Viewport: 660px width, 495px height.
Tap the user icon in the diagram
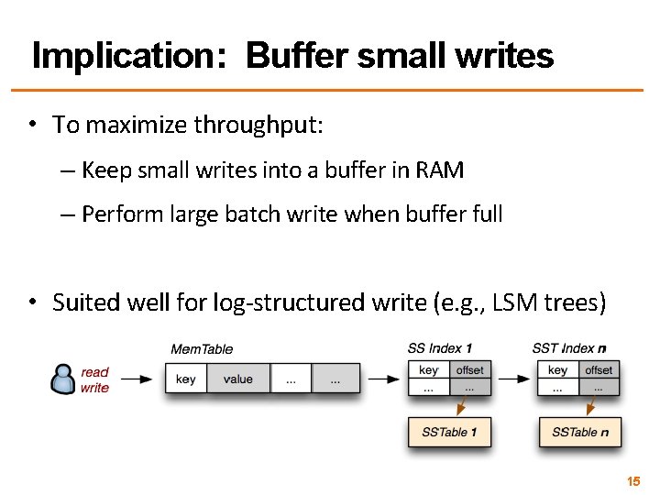[x=63, y=379]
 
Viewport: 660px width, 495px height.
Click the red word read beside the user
[x=94, y=372]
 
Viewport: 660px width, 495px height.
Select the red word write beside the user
[x=94, y=388]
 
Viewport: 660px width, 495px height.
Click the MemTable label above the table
[x=202, y=349]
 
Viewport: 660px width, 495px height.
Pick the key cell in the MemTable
[x=185, y=379]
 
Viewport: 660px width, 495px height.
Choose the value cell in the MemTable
[x=237, y=379]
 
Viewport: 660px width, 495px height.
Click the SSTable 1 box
[x=449, y=432]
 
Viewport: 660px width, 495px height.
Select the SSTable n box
[x=579, y=432]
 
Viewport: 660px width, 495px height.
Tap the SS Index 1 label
[x=440, y=348]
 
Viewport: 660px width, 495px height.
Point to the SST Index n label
[x=569, y=348]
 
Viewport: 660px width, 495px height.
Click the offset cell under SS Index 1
[x=469, y=370]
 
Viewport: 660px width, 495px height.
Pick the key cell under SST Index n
[x=557, y=370]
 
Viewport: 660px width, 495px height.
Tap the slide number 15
[x=632, y=480]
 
